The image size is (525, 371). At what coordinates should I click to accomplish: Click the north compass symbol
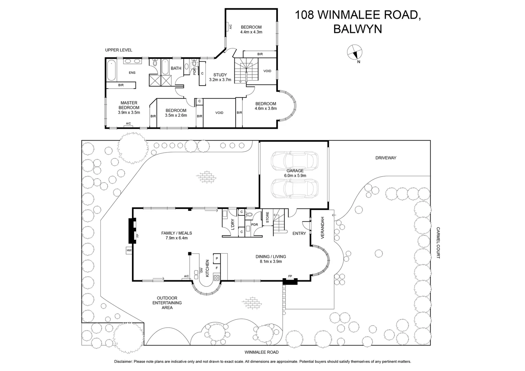pos(354,53)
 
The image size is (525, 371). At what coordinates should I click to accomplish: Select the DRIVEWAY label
pos(386,158)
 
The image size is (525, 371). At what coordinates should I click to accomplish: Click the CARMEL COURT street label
pos(438,243)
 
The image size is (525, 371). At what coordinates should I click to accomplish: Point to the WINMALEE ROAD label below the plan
pos(261,352)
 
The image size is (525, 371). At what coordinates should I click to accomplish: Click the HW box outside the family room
pos(129,251)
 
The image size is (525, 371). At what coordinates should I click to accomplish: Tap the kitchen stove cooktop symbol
pos(216,278)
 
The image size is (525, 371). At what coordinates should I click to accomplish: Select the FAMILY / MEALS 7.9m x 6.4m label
pos(176,235)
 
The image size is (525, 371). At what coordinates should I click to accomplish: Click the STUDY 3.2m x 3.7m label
pos(220,77)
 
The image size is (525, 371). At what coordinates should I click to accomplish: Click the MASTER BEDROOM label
pos(129,108)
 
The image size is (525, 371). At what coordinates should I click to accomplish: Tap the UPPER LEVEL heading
pos(119,50)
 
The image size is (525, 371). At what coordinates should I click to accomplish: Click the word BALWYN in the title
pos(358,29)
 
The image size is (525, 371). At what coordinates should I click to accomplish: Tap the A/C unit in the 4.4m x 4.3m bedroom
pos(230,26)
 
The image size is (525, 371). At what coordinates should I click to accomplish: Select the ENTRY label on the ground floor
pos(299,234)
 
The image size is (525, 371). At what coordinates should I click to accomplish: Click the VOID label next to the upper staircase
pos(267,71)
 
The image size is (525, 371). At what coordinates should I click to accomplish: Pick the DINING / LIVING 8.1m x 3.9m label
pos(270,259)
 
